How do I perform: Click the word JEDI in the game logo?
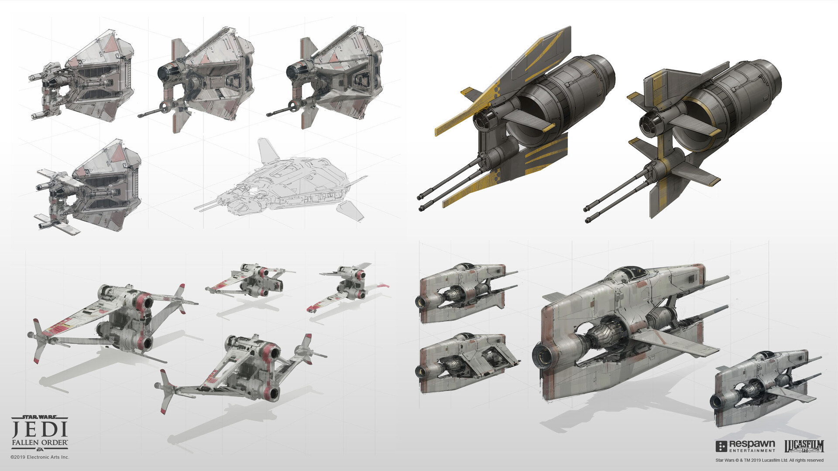[x=40, y=429]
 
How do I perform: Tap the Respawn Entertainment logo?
[x=745, y=446]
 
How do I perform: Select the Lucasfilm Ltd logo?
[x=804, y=446]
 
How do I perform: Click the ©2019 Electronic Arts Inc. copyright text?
[x=40, y=457]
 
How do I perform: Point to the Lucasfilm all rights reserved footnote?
[x=769, y=460]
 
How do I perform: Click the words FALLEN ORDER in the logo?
[x=40, y=443]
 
